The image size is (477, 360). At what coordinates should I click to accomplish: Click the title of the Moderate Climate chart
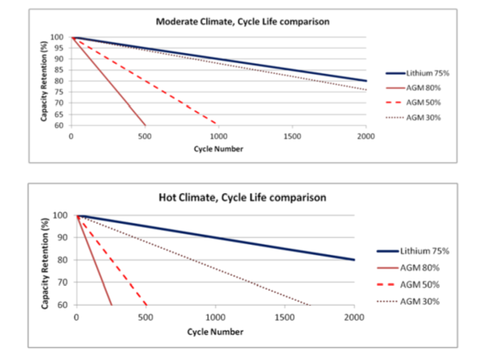coord(242,22)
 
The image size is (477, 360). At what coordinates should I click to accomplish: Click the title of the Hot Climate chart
coord(242,197)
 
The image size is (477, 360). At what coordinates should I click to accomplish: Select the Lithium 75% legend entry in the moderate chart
coord(418,73)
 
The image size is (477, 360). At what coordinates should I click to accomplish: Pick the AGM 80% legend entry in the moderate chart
coord(413,88)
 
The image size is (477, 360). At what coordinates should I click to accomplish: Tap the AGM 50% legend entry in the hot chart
coord(408,284)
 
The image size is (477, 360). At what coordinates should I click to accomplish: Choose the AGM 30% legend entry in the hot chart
coord(408,301)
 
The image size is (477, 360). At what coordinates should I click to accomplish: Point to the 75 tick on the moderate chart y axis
coord(59,92)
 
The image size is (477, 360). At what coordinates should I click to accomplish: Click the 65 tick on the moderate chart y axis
coord(59,114)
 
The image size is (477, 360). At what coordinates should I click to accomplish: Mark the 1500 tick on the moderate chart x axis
coord(292,137)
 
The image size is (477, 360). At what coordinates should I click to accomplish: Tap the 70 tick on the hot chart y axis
coord(62,282)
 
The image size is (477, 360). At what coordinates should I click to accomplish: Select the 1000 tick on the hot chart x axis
coord(215,318)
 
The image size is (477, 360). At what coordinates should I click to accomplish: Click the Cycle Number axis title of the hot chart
coord(215,332)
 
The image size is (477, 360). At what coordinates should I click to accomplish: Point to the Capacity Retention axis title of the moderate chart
coord(44,81)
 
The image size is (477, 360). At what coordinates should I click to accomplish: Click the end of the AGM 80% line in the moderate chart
coord(145,125)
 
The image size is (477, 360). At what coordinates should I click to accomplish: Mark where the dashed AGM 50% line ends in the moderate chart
coord(217,124)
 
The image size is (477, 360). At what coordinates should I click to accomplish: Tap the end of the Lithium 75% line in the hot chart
coord(354,260)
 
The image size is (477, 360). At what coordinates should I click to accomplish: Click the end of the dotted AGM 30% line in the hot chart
coord(311,305)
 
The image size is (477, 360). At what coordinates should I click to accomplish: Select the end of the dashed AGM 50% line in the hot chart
coord(146,305)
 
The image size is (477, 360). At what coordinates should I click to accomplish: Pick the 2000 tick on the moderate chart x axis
coord(366,137)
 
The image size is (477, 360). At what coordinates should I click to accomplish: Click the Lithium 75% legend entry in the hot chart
coord(413,251)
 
